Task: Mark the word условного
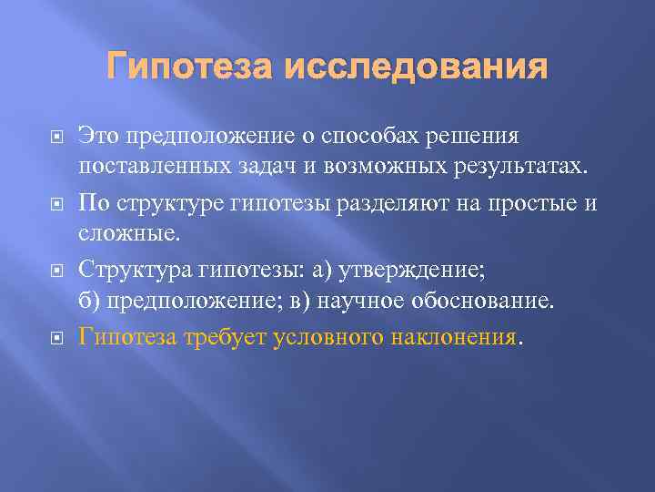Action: (328, 336)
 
